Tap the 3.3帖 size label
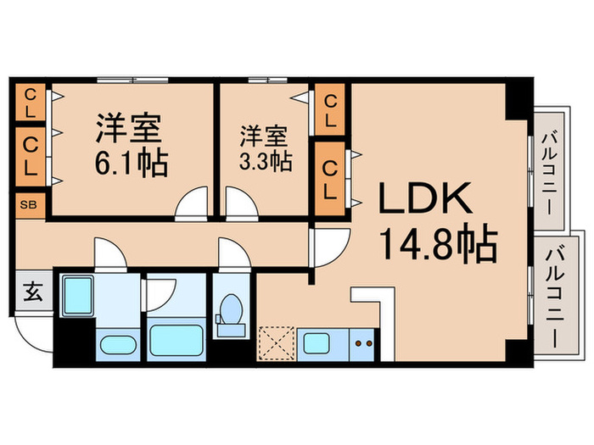(266, 159)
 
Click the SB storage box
(29, 205)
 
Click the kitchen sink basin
(319, 344)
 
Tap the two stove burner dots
(362, 344)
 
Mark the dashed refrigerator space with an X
(275, 344)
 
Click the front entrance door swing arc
(34, 339)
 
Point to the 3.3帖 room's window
(266, 81)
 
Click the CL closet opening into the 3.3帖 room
(331, 110)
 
